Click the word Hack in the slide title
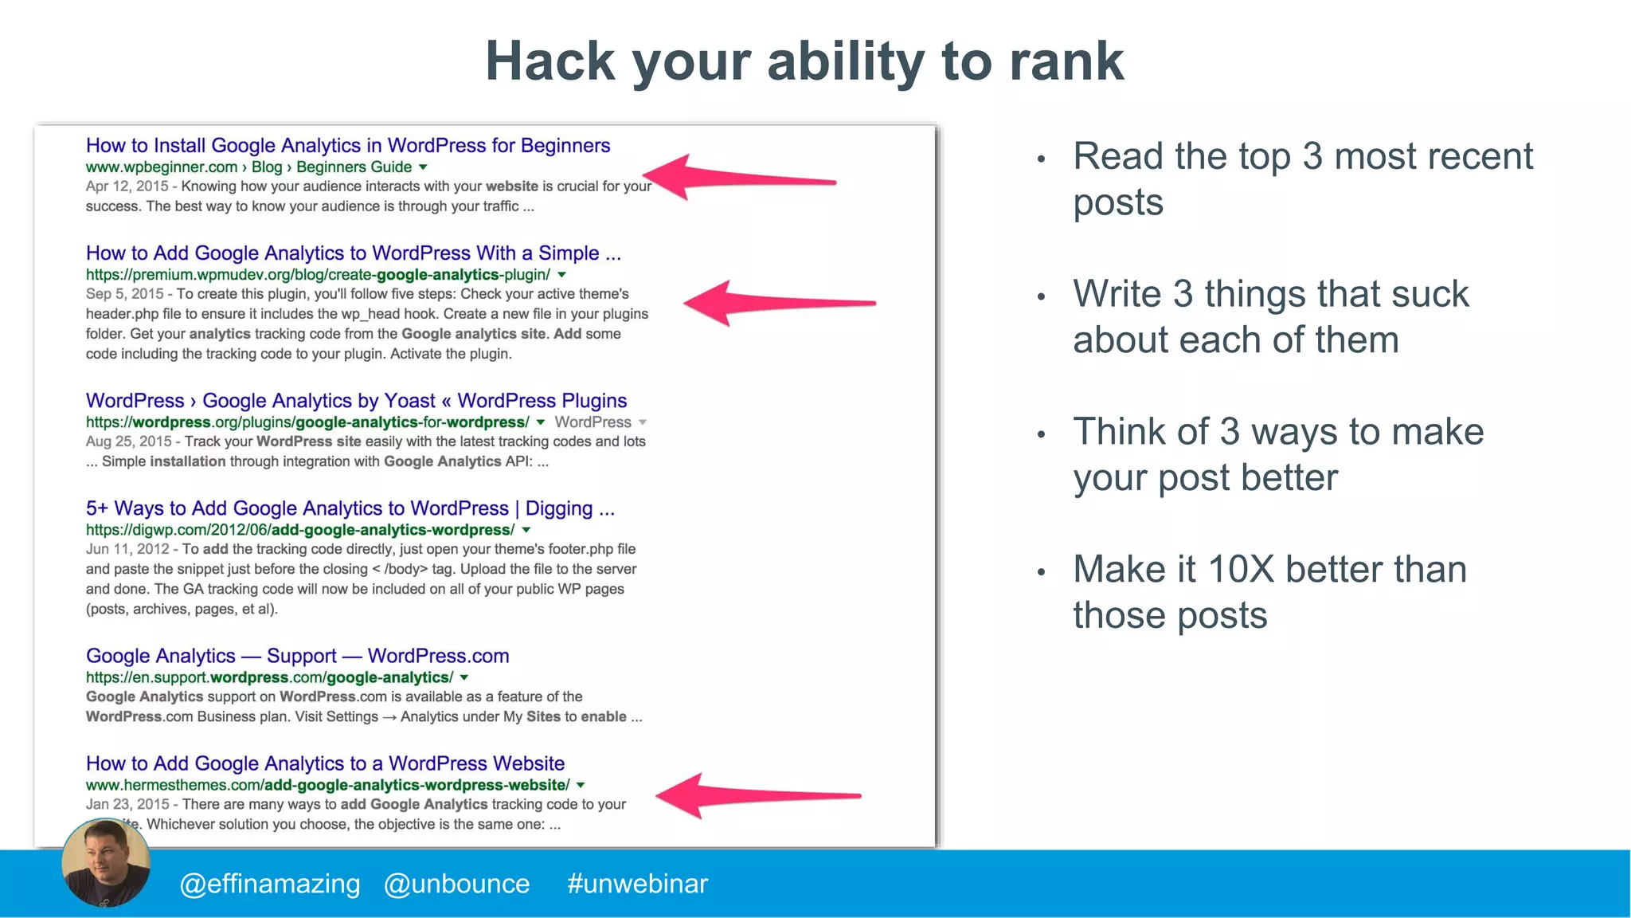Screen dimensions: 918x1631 (x=550, y=62)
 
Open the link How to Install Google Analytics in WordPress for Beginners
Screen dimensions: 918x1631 (x=348, y=146)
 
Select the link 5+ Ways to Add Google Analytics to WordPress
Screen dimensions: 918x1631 (x=350, y=508)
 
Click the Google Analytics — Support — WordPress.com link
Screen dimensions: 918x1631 (x=297, y=656)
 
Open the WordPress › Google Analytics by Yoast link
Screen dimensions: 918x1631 (x=356, y=401)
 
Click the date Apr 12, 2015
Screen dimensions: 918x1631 (x=127, y=186)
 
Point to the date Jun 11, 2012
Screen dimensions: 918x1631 (x=127, y=549)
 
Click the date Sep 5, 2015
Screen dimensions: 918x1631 (x=124, y=294)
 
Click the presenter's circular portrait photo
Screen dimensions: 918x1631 (x=106, y=863)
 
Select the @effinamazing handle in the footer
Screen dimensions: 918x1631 (x=270, y=884)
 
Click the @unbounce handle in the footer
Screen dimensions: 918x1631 (x=456, y=884)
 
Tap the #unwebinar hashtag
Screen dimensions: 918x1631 (x=637, y=884)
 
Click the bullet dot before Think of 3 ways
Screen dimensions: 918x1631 (x=1040, y=435)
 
